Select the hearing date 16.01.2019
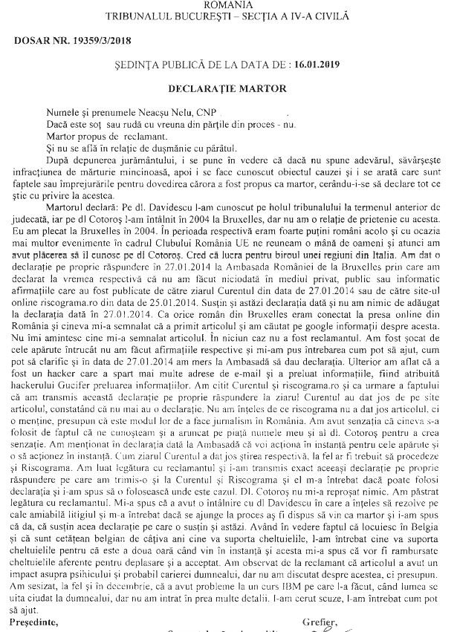[x=321, y=65]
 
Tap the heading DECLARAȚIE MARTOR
[x=227, y=86]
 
